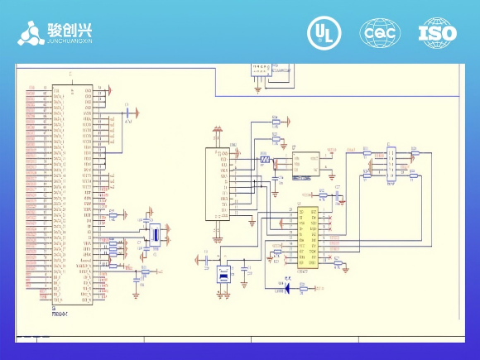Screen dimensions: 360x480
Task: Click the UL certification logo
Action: tap(324, 32)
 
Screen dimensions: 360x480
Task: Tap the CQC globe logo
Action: tap(379, 32)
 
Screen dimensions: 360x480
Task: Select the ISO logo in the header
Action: tap(437, 32)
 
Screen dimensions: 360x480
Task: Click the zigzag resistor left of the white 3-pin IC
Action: tap(265, 157)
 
